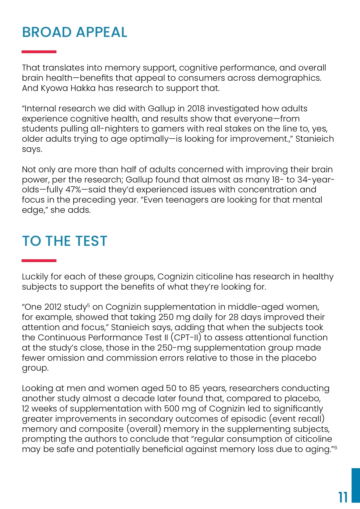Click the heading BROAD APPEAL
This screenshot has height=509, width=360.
click(x=75, y=32)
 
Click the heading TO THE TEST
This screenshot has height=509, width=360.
click(x=64, y=241)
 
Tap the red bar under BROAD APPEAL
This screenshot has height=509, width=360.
click(x=39, y=52)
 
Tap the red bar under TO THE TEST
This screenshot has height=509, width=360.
click(x=39, y=261)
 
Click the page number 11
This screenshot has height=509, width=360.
click(x=343, y=497)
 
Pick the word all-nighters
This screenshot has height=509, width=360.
click(x=115, y=129)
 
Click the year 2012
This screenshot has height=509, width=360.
click(x=54, y=307)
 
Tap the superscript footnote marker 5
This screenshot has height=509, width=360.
click(x=88, y=305)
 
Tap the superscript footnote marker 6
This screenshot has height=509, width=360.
click(x=336, y=447)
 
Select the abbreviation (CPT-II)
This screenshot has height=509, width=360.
click(x=186, y=337)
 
